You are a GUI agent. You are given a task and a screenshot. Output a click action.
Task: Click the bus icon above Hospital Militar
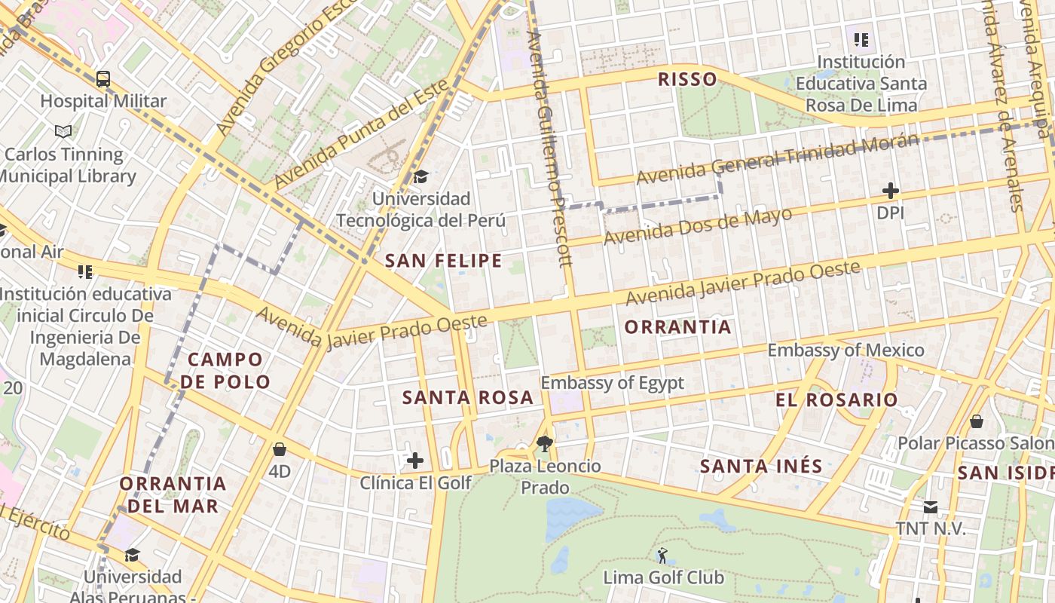click(x=103, y=78)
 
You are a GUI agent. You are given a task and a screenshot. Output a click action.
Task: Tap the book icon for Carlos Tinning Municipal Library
click(x=63, y=131)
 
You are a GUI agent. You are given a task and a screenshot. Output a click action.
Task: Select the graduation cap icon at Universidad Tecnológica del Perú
click(x=420, y=176)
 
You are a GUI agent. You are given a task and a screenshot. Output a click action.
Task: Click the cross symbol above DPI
click(x=890, y=191)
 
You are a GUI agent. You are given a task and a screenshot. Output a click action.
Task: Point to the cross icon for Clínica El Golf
click(x=415, y=460)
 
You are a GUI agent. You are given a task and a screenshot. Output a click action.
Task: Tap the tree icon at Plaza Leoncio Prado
click(x=544, y=443)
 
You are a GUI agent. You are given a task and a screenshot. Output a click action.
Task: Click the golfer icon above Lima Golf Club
click(x=662, y=556)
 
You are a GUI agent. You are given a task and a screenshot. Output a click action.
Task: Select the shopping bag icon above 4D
click(x=280, y=449)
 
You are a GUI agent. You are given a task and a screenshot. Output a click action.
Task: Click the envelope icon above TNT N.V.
click(x=931, y=507)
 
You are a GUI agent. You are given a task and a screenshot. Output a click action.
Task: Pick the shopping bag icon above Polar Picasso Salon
click(x=977, y=421)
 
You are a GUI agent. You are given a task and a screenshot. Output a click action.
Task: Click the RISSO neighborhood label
click(x=687, y=79)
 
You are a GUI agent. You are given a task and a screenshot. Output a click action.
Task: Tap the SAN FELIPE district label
click(x=443, y=261)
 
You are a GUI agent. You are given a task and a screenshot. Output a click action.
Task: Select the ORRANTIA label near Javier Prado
click(x=677, y=326)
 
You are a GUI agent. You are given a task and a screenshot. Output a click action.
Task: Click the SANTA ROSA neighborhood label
click(x=467, y=397)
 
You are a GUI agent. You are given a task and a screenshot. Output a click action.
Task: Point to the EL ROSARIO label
click(x=836, y=399)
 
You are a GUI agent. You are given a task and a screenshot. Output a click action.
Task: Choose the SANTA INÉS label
click(x=761, y=467)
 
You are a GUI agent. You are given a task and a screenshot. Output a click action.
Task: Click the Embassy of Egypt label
click(x=612, y=382)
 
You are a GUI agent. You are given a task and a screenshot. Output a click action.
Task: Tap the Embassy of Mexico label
click(x=846, y=350)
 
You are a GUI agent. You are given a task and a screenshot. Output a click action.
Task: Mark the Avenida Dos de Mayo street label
click(x=698, y=225)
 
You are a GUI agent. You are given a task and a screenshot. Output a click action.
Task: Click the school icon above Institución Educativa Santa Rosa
click(x=861, y=39)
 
